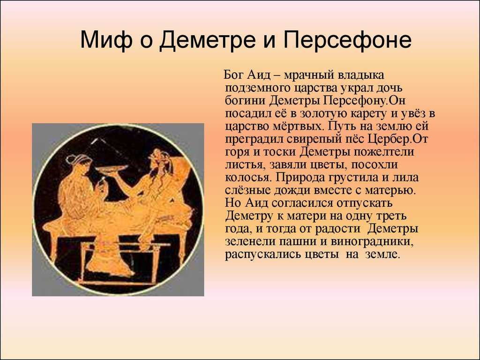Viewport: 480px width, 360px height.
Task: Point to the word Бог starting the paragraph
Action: [233, 75]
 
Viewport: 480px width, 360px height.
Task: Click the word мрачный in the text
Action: [309, 75]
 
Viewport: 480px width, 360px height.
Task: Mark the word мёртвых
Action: [295, 127]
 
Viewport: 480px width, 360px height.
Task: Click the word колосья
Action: [247, 178]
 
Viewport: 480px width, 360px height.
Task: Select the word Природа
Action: [300, 178]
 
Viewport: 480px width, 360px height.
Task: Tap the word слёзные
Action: [247, 190]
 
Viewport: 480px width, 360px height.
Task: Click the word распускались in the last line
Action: [263, 255]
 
